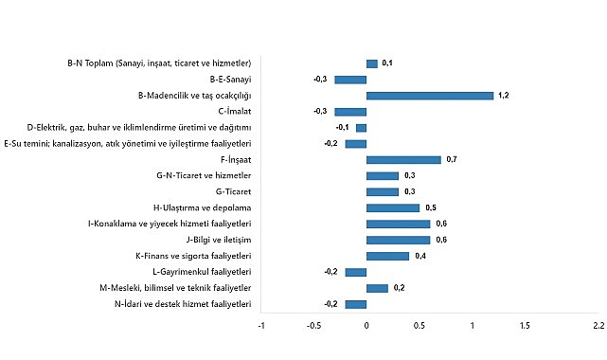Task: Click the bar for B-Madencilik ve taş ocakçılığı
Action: (430, 96)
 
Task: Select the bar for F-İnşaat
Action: (403, 160)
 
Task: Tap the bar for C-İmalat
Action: (350, 112)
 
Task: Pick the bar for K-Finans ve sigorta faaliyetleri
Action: (387, 256)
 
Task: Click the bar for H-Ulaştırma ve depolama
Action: (393, 207)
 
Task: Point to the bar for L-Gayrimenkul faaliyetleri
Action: (356, 272)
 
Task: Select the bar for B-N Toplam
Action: (372, 63)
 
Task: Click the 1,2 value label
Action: (504, 96)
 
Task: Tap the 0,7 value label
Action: (452, 160)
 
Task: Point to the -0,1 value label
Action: (342, 128)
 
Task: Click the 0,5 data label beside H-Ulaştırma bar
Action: (430, 207)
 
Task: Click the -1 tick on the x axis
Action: (261, 326)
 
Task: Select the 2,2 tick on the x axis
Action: (598, 326)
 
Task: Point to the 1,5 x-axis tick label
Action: (525, 326)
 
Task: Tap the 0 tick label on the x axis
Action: (366, 326)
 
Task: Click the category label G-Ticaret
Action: (231, 191)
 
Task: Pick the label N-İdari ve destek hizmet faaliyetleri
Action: (181, 304)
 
